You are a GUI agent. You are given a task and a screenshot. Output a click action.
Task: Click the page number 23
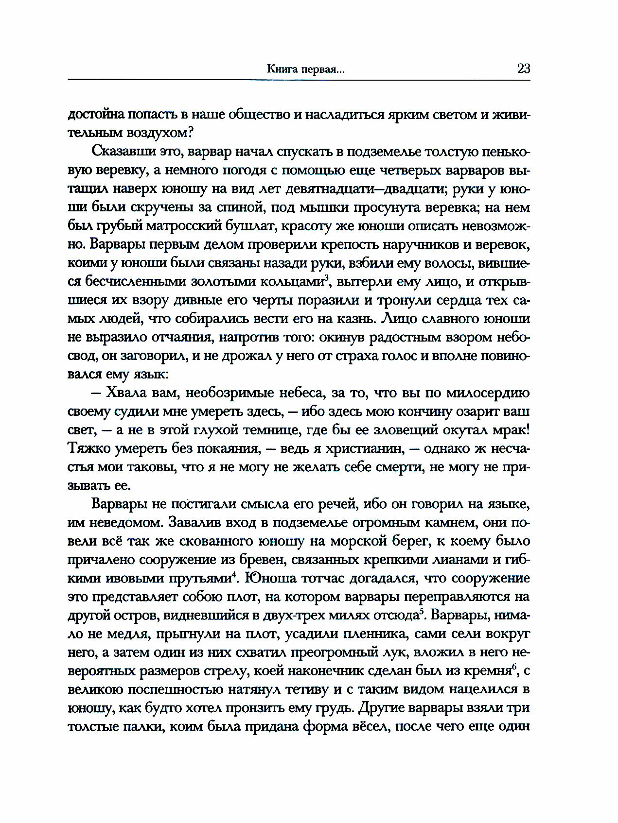point(523,68)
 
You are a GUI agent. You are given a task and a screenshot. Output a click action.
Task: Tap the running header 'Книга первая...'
point(306,69)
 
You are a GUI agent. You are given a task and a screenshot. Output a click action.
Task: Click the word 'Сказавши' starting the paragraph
point(120,152)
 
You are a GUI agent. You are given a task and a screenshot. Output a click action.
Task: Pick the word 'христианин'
point(363,448)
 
